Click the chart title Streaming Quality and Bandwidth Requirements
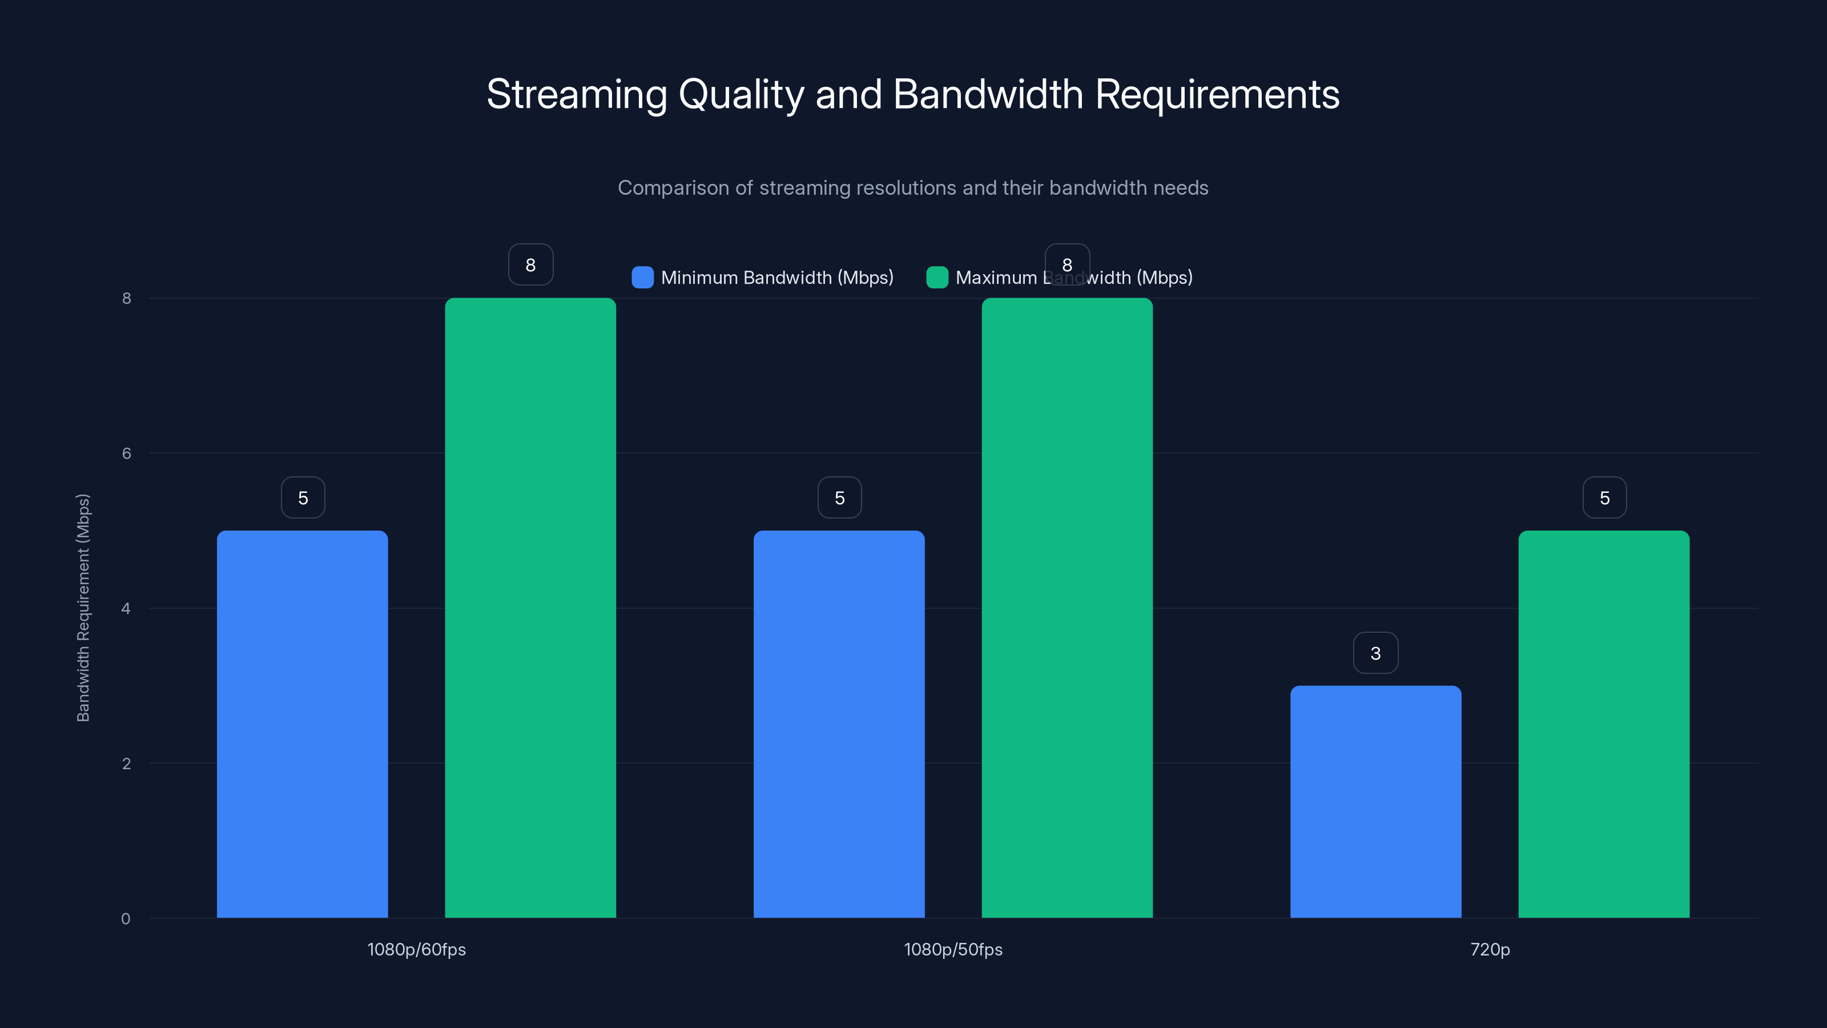913,94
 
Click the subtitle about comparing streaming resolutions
913,188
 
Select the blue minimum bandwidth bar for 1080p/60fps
302,724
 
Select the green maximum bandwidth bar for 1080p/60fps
530,607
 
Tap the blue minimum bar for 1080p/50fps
839,724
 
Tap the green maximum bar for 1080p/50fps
1067,607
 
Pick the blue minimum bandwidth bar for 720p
1375,802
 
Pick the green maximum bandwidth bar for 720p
1604,724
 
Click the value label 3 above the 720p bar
1375,653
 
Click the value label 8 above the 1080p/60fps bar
530,264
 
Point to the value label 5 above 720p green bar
1604,497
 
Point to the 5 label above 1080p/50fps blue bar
840,497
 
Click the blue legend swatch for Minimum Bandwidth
642,278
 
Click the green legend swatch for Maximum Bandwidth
937,278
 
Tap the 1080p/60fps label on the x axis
416,949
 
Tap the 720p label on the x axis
1490,949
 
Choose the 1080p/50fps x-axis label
953,949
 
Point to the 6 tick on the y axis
126,453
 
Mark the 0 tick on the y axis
126,919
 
